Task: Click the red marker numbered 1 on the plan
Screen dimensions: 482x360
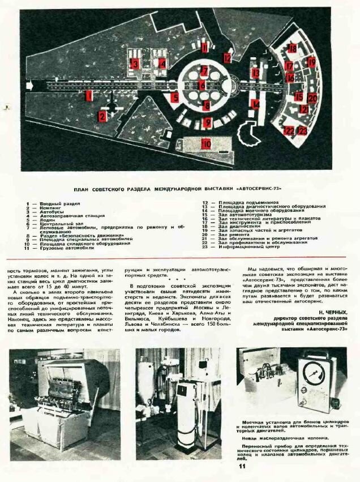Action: tap(88, 96)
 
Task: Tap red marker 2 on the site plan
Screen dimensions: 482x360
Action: tap(102, 117)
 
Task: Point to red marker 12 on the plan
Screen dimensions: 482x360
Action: tap(227, 57)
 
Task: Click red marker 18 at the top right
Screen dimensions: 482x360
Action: tap(293, 48)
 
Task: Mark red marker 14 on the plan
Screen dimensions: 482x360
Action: tap(256, 104)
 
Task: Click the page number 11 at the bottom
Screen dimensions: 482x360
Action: tap(241, 467)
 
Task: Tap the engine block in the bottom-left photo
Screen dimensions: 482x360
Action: tap(57, 389)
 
